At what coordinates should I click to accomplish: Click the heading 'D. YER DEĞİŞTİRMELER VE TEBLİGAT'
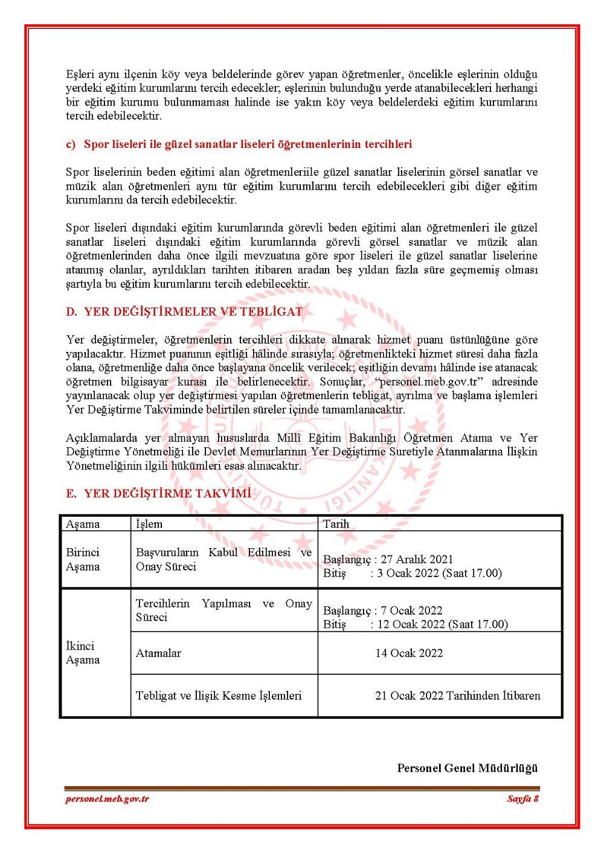[x=184, y=311]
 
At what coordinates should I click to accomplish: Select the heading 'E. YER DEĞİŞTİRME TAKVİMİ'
[x=158, y=493]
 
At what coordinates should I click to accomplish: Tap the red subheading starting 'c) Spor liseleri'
[x=239, y=144]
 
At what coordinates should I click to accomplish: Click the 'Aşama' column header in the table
[x=83, y=524]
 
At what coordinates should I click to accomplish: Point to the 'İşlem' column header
[x=149, y=524]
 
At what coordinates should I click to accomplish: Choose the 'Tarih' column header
[x=336, y=524]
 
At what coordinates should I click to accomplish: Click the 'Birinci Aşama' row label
[x=83, y=560]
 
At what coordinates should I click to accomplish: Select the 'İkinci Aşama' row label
[x=83, y=653]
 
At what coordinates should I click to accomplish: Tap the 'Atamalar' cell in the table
[x=158, y=653]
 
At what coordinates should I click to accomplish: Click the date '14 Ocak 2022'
[x=409, y=653]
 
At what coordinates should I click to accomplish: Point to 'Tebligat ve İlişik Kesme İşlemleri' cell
[x=219, y=695]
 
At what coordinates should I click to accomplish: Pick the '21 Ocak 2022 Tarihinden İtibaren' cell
[x=457, y=695]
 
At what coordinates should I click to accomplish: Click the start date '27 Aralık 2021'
[x=417, y=560]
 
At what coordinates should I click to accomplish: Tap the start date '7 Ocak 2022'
[x=411, y=610]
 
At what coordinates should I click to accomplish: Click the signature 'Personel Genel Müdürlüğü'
[x=467, y=768]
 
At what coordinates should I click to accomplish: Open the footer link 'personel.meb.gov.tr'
[x=107, y=799]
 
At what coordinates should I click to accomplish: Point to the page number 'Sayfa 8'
[x=522, y=799]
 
